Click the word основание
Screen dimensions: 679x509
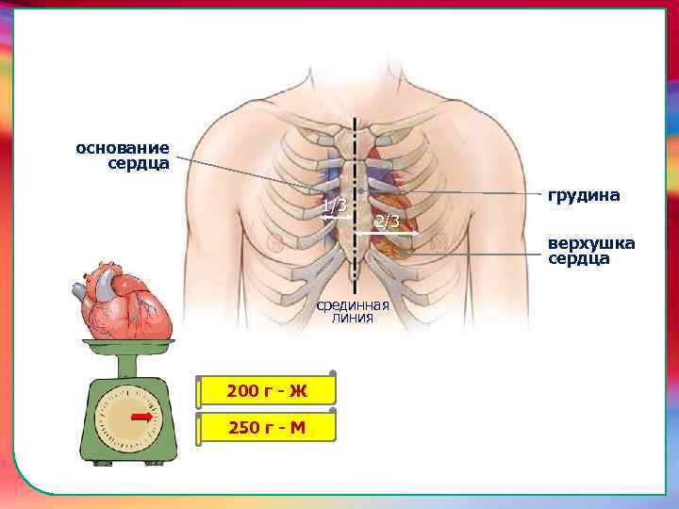tap(123, 148)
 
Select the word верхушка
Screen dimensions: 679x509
tap(591, 243)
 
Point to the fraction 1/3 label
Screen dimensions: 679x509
tap(334, 205)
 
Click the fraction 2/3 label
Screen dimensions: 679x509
tap(387, 222)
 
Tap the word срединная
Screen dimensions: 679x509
tap(353, 305)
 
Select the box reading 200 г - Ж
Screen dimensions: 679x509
tap(267, 391)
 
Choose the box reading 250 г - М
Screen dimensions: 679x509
tap(267, 427)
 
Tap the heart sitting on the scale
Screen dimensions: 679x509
tap(126, 302)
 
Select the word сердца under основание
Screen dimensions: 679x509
tap(139, 164)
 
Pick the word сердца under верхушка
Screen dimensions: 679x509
tap(579, 258)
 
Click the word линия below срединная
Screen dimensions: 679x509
tap(353, 319)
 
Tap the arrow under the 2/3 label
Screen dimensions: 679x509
tap(387, 233)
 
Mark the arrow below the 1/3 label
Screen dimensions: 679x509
tap(335, 217)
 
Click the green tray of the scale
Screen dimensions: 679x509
tap(126, 346)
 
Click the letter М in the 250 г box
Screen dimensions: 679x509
tap(297, 427)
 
